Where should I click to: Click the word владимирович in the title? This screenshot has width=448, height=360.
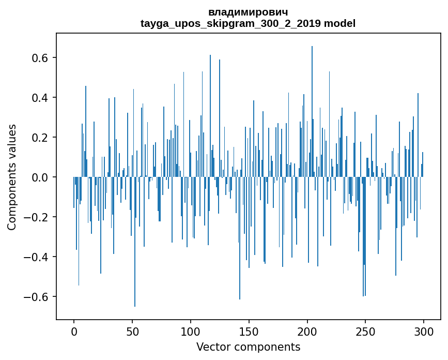click(x=248, y=12)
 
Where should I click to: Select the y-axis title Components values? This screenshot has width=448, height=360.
click(x=12, y=177)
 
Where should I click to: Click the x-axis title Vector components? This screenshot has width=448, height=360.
click(x=248, y=347)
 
